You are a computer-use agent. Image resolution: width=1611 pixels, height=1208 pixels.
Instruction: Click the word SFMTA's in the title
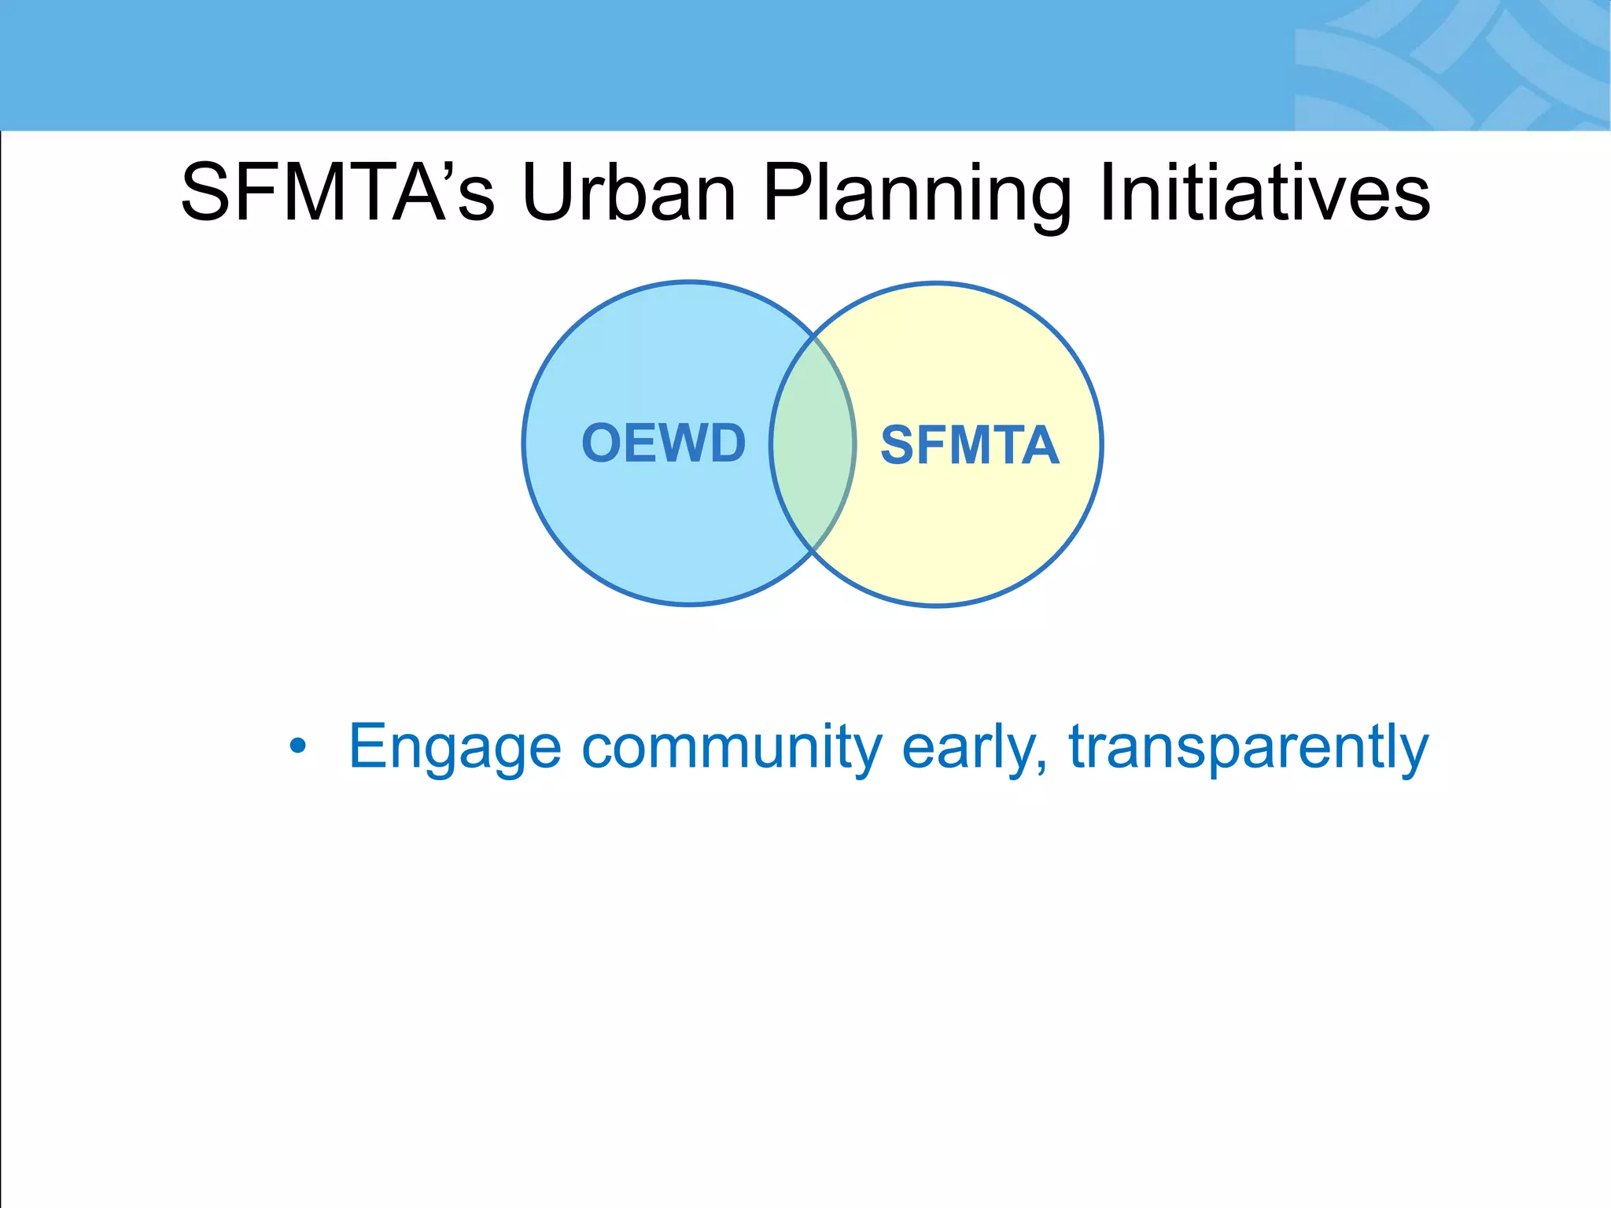pos(338,193)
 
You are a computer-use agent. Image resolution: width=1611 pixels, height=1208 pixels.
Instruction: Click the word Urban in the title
pos(629,193)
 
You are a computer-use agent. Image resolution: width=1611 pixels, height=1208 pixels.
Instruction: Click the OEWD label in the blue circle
pos(663,443)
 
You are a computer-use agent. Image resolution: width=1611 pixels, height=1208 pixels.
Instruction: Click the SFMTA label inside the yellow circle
pos(969,446)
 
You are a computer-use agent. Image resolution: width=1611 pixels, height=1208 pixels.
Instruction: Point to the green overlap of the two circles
pos(813,444)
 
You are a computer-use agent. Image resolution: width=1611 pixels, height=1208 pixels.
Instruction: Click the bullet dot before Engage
pos(297,746)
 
